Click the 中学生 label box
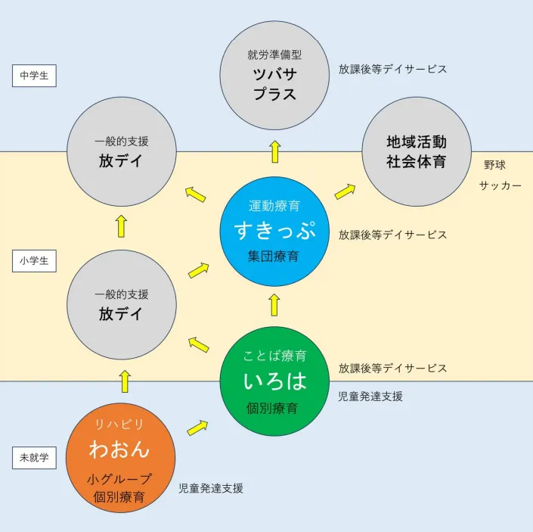34,76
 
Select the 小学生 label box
34,261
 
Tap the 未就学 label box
34,457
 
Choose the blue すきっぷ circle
274,230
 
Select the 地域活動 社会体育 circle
417,152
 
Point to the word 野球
494,165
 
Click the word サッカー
500,186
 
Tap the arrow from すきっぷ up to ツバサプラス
274,151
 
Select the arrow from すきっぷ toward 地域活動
346,191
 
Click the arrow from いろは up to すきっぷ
274,305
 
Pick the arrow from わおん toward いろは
198,427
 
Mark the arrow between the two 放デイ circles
121,226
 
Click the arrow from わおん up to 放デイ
124,381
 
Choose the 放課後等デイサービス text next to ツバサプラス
392,69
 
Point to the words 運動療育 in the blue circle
274,205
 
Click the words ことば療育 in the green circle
274,356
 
